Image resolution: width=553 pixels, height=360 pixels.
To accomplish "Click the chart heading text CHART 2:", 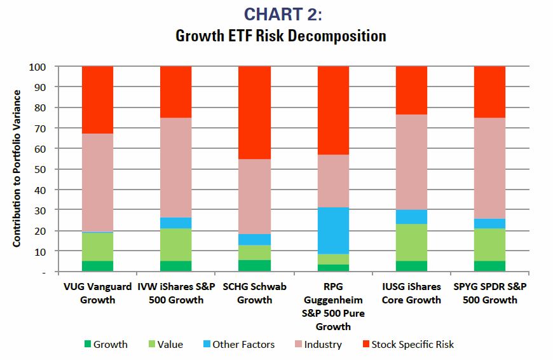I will [280, 14].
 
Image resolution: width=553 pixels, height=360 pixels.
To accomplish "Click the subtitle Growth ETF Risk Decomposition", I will [280, 36].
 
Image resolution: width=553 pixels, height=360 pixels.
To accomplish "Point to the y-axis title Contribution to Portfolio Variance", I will [17, 169].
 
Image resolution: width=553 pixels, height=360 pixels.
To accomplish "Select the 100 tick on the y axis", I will [38, 67].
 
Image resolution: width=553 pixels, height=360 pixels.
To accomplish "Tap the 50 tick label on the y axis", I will [40, 169].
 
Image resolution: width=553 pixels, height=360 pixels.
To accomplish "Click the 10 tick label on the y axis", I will [40, 251].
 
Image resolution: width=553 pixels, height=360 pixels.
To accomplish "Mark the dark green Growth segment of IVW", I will [175, 266].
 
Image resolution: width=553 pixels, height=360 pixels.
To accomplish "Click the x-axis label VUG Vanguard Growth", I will [97, 293].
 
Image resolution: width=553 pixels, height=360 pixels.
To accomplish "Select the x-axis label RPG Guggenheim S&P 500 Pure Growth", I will [332, 307].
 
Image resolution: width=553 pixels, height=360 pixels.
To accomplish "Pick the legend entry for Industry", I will [317, 345].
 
